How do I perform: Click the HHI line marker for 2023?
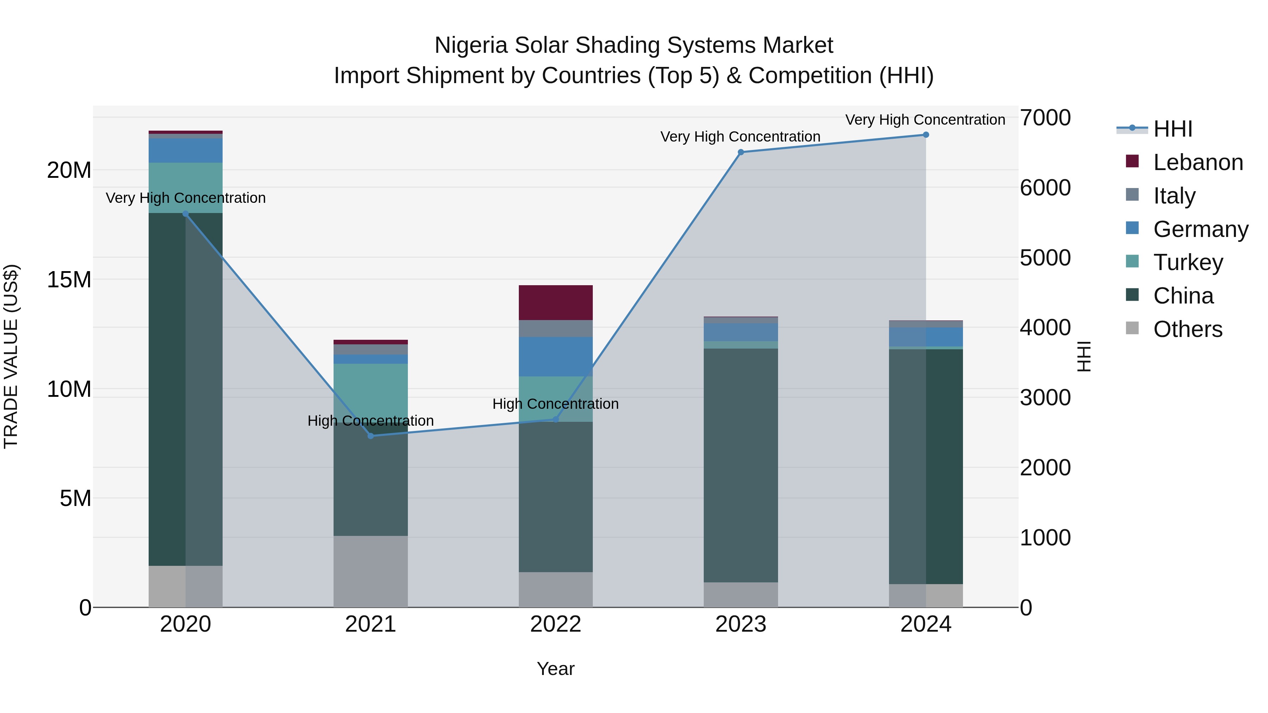[x=741, y=152]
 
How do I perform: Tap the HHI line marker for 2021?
[x=371, y=436]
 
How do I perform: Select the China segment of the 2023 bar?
[x=741, y=465]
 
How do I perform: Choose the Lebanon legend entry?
[x=1198, y=162]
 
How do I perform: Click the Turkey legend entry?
[x=1188, y=262]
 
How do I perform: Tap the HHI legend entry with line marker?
[x=1173, y=129]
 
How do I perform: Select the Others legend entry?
[x=1187, y=329]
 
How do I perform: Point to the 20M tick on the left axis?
[x=69, y=170]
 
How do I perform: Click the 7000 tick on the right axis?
[x=1045, y=118]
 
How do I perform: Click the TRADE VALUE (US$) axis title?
[x=11, y=356]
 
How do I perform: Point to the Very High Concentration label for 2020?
[x=186, y=198]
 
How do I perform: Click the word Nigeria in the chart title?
[x=471, y=45]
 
